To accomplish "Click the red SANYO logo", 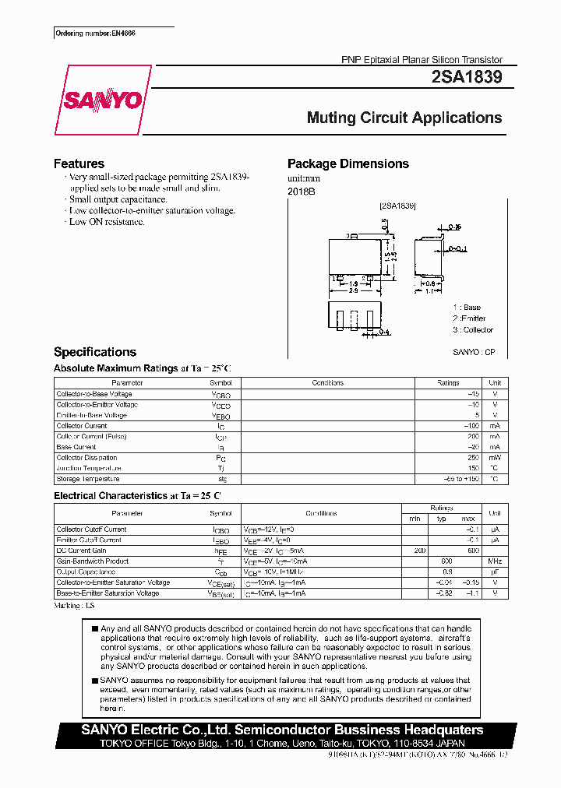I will [102, 100].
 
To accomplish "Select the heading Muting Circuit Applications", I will [404, 118].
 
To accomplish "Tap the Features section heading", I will [79, 164].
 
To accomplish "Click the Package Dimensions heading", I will [348, 164].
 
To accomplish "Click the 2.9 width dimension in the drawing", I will [353, 290].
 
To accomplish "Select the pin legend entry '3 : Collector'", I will [473, 329].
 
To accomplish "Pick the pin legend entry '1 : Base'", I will [467, 308].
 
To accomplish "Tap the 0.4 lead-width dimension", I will [383, 332].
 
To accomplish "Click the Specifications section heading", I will [94, 352].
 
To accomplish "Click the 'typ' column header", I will [441, 519].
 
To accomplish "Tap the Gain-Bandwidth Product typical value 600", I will [446, 561].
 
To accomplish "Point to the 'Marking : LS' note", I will [74, 605].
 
